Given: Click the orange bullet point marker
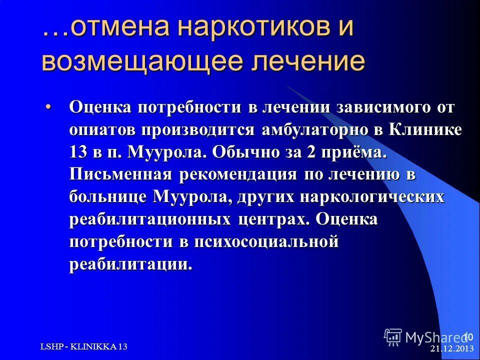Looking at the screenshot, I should (62, 106).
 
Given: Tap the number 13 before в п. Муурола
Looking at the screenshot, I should (79, 152).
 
